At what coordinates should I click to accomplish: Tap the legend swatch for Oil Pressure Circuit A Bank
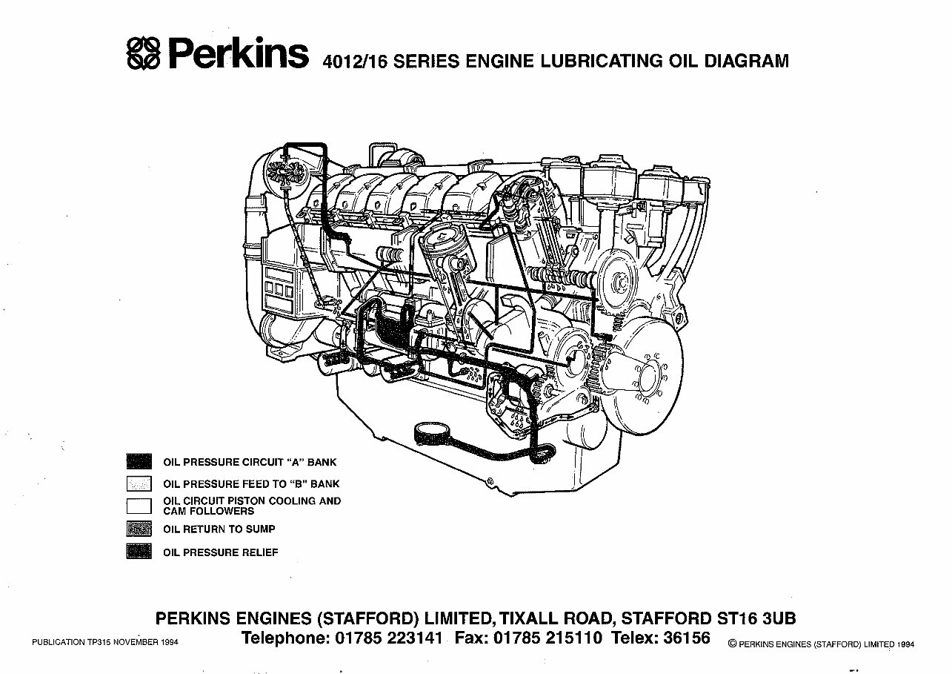coord(139,462)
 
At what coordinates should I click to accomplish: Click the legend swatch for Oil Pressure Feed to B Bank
coord(139,484)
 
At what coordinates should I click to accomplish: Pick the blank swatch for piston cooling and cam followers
coord(139,506)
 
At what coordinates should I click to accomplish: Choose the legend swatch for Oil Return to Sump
coord(139,529)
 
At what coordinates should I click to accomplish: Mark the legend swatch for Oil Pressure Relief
coord(139,552)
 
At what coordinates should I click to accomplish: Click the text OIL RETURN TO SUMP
coord(219,529)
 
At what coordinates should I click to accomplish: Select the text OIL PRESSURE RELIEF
coord(221,552)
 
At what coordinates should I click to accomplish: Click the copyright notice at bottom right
coord(821,644)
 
